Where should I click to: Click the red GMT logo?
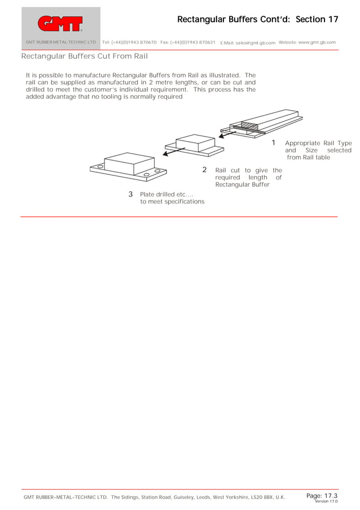(x=60, y=23)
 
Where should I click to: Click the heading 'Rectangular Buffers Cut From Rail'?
(x=85, y=56)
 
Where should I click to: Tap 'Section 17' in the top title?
(x=317, y=19)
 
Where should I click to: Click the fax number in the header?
(x=194, y=42)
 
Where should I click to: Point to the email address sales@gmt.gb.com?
(x=255, y=43)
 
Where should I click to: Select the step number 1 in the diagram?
(x=274, y=143)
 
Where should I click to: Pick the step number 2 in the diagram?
(x=204, y=169)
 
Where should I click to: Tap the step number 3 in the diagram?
(x=130, y=194)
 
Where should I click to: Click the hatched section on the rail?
(x=249, y=125)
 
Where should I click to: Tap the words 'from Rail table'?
(x=308, y=158)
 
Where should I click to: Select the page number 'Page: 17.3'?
(x=322, y=495)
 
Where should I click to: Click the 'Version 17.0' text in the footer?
(x=326, y=501)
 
